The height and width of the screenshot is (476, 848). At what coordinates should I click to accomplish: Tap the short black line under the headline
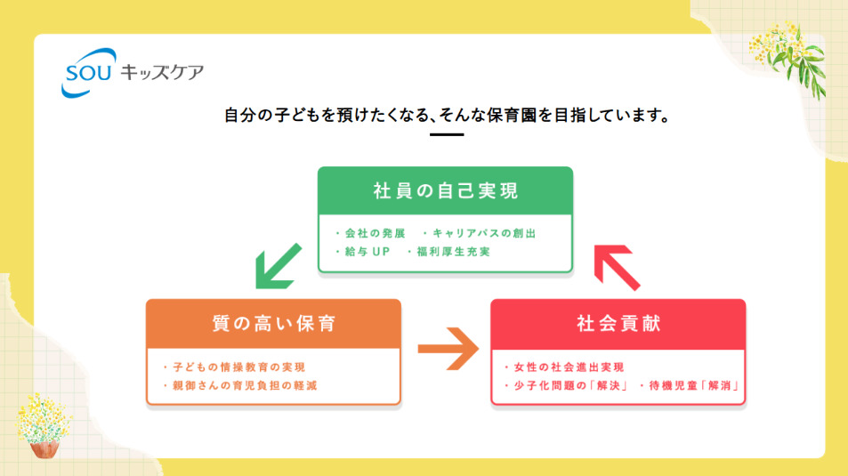click(446, 134)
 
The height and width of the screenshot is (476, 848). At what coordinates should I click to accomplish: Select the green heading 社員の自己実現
click(446, 190)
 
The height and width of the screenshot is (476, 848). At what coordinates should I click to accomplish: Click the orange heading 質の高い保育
click(273, 323)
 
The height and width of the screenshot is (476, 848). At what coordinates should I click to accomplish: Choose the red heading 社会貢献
click(618, 323)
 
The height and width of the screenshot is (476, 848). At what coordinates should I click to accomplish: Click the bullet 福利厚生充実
click(453, 252)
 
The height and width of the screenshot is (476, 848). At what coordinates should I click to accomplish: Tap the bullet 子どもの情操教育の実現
click(238, 367)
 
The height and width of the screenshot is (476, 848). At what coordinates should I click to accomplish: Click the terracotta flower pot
click(44, 448)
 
